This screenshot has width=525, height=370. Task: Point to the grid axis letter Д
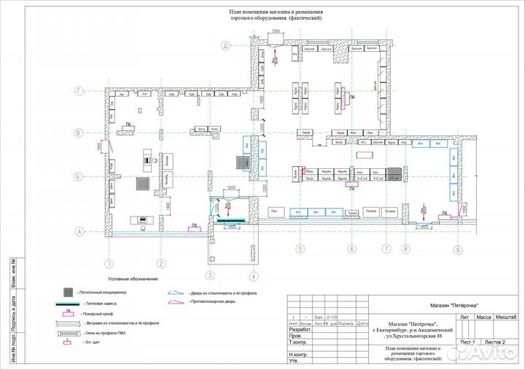[x=227, y=45]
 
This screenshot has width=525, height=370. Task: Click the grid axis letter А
[x=77, y=232]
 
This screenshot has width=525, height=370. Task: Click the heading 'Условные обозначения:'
[x=133, y=279]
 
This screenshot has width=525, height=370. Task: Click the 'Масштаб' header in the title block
[x=506, y=318]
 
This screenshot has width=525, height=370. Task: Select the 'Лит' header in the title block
[x=464, y=318]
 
